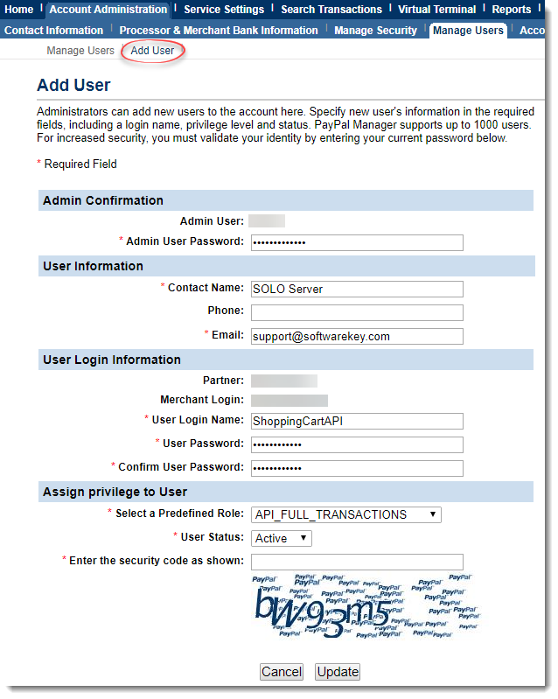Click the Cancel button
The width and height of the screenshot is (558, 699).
click(x=282, y=672)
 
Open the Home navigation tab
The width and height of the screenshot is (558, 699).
click(x=19, y=10)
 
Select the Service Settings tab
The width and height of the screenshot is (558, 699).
click(x=224, y=10)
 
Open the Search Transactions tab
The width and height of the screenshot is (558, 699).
click(x=331, y=10)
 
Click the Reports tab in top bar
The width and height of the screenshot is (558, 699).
click(x=512, y=10)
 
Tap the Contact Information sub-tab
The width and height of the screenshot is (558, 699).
click(x=54, y=31)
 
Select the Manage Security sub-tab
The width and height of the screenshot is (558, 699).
click(x=376, y=31)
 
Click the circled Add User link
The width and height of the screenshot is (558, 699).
click(x=152, y=51)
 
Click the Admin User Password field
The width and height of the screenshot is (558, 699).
click(x=357, y=242)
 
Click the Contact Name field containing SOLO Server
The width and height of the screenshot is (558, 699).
click(x=357, y=290)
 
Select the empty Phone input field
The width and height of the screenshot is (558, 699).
click(x=357, y=312)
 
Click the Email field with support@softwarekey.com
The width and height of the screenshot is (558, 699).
click(x=357, y=336)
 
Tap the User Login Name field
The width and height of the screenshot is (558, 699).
click(x=357, y=421)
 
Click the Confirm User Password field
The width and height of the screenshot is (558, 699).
click(x=357, y=468)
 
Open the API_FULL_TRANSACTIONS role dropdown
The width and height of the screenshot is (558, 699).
click(x=346, y=514)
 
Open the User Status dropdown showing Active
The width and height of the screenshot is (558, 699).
click(x=282, y=538)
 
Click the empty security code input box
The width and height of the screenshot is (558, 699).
click(x=357, y=562)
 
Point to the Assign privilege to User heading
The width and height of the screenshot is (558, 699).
click(x=115, y=492)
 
